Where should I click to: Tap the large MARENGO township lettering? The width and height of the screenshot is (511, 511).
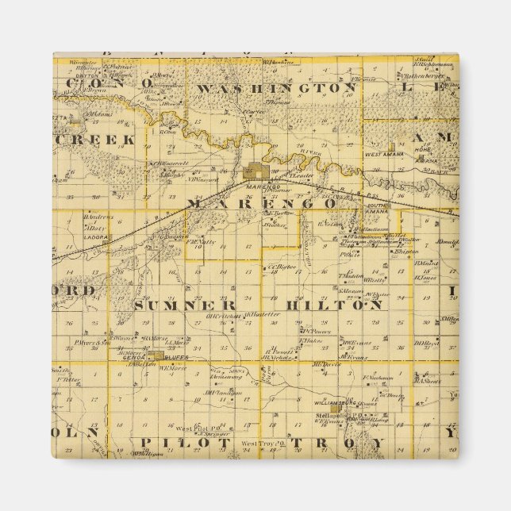click(x=261, y=204)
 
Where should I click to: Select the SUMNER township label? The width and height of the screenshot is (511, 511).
click(x=184, y=305)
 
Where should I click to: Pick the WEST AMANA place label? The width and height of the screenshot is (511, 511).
click(x=386, y=156)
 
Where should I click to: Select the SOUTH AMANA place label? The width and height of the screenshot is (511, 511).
click(x=375, y=207)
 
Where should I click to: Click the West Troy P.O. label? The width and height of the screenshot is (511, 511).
click(x=261, y=444)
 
